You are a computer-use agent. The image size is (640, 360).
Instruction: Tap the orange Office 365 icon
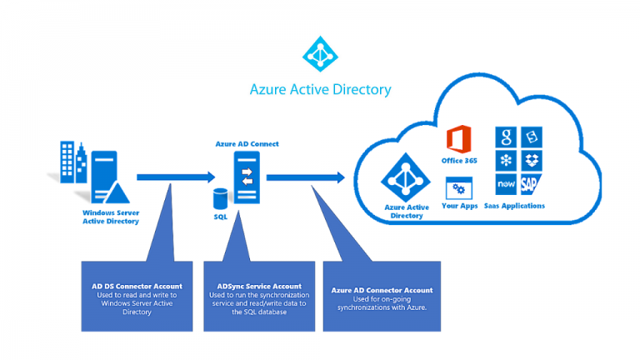click(x=459, y=140)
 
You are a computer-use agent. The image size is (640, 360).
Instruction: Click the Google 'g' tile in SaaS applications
click(x=506, y=138)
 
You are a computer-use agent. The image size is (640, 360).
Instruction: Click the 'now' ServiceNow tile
click(x=506, y=184)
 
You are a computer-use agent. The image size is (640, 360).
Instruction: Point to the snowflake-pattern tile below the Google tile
click(x=506, y=160)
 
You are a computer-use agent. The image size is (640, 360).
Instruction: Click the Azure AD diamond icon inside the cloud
click(x=405, y=177)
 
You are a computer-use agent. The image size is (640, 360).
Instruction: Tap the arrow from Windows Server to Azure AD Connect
click(x=175, y=176)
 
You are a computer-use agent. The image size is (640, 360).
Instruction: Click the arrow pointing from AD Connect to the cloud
click(x=305, y=176)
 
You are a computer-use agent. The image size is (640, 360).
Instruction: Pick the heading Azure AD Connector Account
click(x=382, y=290)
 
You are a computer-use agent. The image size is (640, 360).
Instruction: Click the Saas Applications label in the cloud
click(x=518, y=206)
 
